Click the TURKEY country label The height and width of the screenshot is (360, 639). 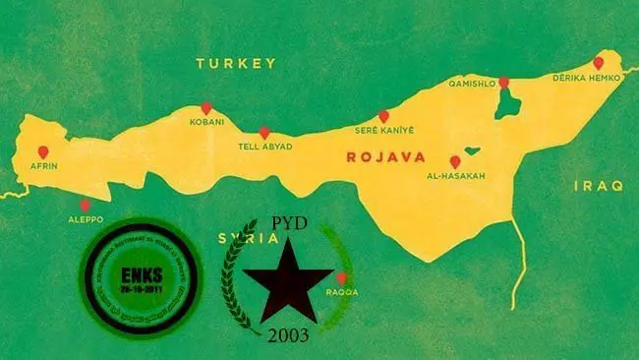[x=235, y=63]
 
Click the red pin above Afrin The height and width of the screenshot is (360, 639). [x=42, y=152]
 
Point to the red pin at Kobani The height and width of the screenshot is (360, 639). [x=206, y=108]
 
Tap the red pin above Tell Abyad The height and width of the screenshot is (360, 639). [x=263, y=133]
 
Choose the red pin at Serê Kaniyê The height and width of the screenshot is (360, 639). [x=383, y=116]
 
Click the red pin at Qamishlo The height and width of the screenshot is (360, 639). [x=503, y=84]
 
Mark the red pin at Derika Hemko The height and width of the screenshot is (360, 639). [x=598, y=63]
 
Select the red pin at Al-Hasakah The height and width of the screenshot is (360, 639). [x=454, y=161]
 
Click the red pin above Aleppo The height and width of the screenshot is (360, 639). [x=84, y=205]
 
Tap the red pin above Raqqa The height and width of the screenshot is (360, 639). [x=340, y=278]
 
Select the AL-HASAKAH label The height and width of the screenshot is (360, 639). [x=456, y=176]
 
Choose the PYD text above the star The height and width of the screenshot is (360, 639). [x=287, y=224]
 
